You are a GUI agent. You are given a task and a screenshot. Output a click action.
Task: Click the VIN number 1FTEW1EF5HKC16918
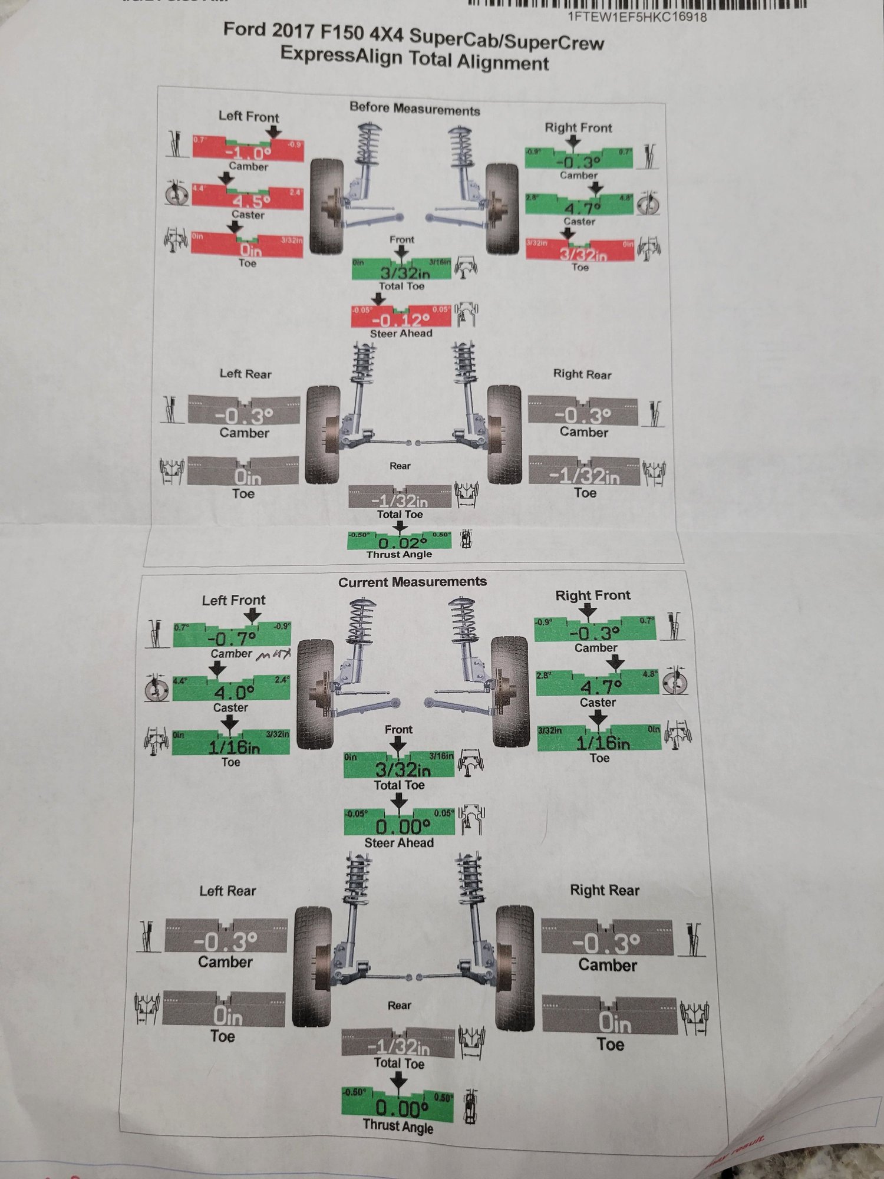coord(637,17)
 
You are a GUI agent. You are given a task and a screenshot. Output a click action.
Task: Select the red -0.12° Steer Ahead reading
coord(401,320)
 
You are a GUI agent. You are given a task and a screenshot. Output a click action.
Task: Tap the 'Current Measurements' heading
coord(412,582)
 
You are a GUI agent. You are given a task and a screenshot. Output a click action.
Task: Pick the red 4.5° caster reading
coord(248,200)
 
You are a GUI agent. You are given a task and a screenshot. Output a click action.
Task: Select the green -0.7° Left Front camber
coord(232,638)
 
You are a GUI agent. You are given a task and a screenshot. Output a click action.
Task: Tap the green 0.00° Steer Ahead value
coord(400,826)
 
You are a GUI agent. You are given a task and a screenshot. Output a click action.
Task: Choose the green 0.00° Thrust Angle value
coord(398,1108)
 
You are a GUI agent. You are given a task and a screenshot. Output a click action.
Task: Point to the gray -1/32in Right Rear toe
coord(584,476)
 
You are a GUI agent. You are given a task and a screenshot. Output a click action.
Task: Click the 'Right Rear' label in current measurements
coord(604,890)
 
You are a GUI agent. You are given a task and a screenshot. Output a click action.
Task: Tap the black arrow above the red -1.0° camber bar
coord(274,132)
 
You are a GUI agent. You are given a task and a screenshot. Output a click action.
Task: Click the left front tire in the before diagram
coord(326,206)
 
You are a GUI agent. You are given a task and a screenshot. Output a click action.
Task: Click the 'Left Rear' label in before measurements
coord(245,374)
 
